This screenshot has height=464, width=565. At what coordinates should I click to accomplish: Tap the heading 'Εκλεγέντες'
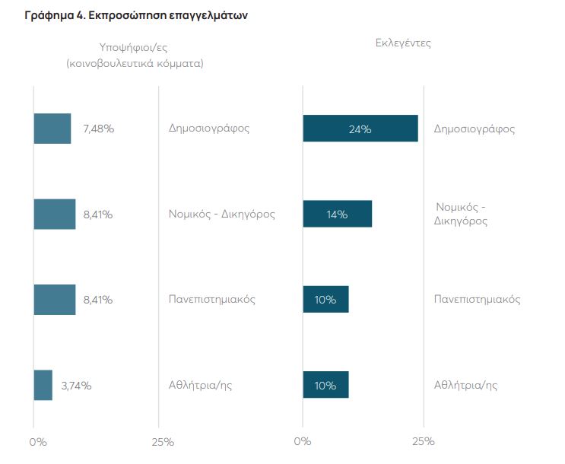tap(403, 43)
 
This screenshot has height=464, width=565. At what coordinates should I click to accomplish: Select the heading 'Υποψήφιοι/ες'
tap(135, 47)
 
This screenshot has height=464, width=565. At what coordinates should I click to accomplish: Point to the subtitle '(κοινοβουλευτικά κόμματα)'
tap(135, 64)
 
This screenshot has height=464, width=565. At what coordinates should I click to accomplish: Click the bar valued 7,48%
tap(52, 129)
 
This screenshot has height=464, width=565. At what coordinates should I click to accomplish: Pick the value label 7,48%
tap(99, 129)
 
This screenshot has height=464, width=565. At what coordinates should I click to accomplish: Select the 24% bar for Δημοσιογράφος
tap(360, 129)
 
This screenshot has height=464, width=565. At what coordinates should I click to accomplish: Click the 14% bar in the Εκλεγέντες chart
tap(337, 215)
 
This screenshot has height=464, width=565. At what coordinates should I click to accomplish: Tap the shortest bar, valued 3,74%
tap(43, 385)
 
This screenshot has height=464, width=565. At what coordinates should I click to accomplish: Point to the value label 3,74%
tap(76, 386)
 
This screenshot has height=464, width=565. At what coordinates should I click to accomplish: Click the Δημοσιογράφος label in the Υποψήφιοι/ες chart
tap(209, 128)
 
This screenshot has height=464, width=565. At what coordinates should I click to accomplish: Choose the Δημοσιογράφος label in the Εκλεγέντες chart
tap(475, 129)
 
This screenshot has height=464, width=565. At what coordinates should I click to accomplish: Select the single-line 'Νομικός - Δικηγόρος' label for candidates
tap(221, 214)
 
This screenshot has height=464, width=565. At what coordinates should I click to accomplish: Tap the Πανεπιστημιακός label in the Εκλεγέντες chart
tap(477, 299)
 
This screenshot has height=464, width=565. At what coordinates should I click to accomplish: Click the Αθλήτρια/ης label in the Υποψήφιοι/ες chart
tap(200, 385)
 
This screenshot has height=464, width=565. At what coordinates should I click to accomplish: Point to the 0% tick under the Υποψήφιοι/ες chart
tap(37, 441)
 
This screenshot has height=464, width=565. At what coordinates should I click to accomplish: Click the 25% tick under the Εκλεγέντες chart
tap(423, 441)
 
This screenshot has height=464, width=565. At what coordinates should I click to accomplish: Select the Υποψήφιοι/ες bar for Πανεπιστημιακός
tap(54, 300)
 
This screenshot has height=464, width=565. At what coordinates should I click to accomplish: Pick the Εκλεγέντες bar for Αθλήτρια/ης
tap(325, 385)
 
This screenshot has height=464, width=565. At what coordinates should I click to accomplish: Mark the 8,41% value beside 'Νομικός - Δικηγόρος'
tap(98, 215)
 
